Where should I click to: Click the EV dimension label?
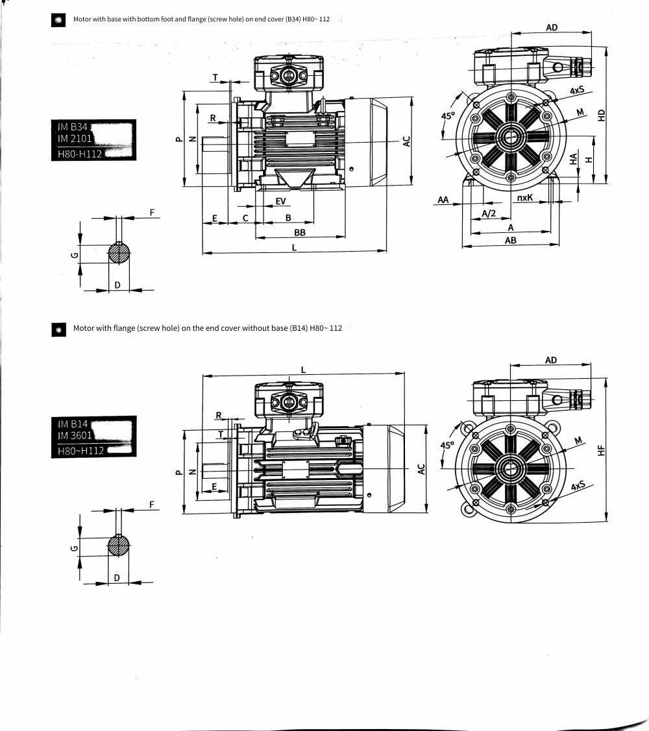click(280, 201)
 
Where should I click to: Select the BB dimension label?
click(300, 232)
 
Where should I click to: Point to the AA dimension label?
click(443, 200)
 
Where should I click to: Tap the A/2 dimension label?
click(489, 213)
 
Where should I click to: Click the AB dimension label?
click(511, 240)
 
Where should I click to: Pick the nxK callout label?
click(525, 197)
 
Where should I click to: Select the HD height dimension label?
click(602, 115)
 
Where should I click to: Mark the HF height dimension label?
click(601, 450)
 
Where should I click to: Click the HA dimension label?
click(574, 158)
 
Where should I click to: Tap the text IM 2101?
click(75, 138)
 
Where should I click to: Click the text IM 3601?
click(75, 435)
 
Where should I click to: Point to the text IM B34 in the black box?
click(73, 127)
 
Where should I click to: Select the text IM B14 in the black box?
click(73, 424)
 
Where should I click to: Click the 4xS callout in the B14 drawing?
click(578, 486)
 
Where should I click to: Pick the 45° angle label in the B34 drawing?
click(447, 115)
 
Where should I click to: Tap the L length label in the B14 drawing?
click(303, 370)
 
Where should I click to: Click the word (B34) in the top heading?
click(293, 19)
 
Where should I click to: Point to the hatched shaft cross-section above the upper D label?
click(119, 253)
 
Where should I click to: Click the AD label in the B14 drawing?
click(551, 360)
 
